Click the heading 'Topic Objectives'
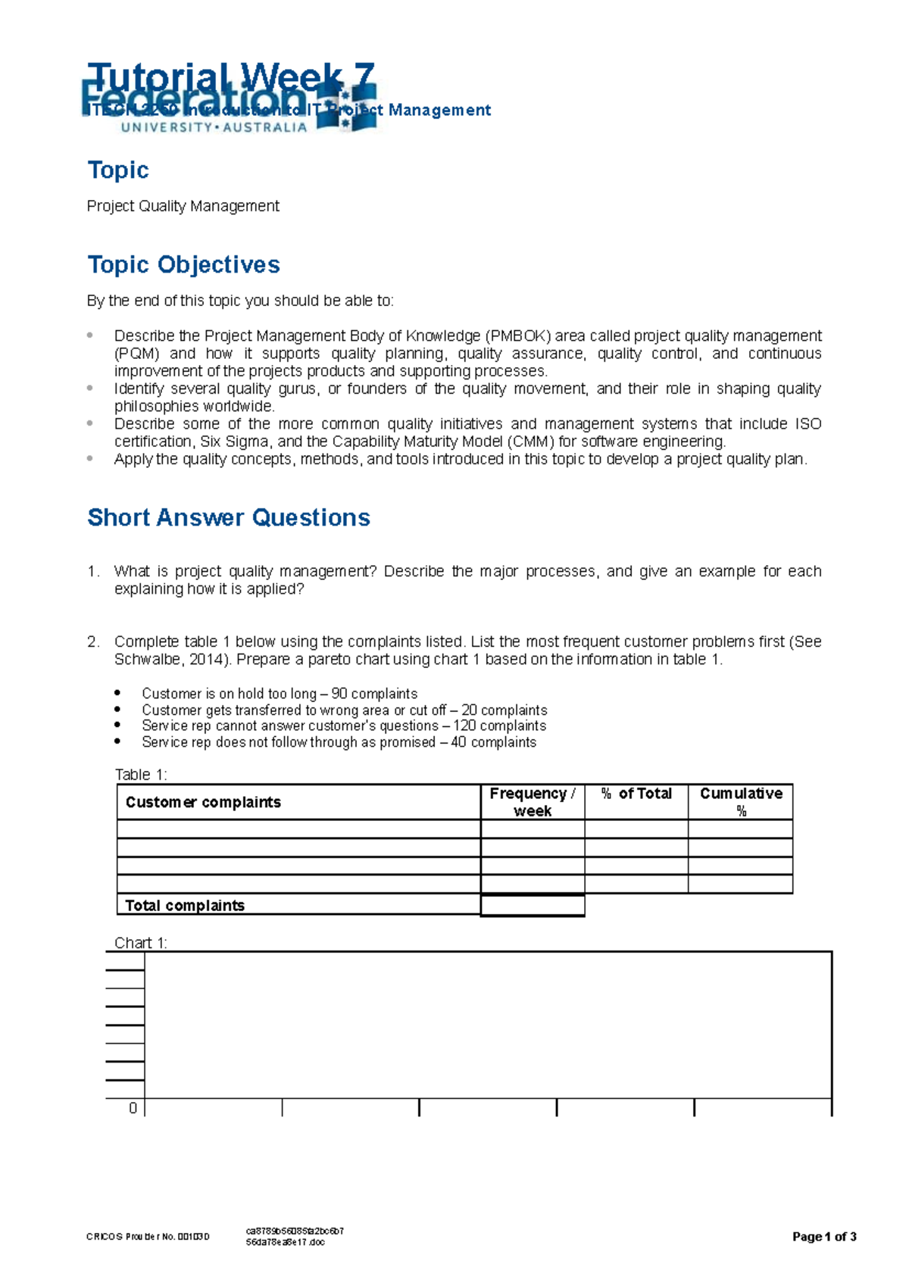point(183,264)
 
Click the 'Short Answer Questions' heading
point(228,517)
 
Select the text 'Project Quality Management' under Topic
point(183,206)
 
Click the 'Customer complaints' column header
point(203,802)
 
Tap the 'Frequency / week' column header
point(532,801)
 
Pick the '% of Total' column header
point(636,794)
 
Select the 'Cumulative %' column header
point(740,801)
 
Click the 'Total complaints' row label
point(185,905)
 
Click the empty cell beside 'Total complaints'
point(532,905)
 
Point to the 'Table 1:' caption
point(141,774)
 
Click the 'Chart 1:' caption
point(141,942)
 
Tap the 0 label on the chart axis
point(133,1108)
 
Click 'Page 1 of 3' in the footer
point(823,1237)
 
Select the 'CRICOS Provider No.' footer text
point(148,1237)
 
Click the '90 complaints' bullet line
point(279,694)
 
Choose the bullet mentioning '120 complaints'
point(343,726)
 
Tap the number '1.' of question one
point(93,571)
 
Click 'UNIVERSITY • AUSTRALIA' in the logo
point(214,127)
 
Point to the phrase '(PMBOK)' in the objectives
point(518,336)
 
